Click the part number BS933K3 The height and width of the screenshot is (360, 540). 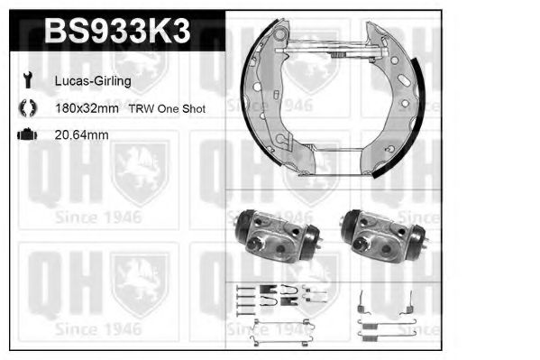[117, 33]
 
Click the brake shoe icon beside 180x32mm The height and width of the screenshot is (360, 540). [26, 107]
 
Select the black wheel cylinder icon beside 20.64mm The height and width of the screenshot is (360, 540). [26, 134]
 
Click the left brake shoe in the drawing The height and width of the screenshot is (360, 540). [270, 108]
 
